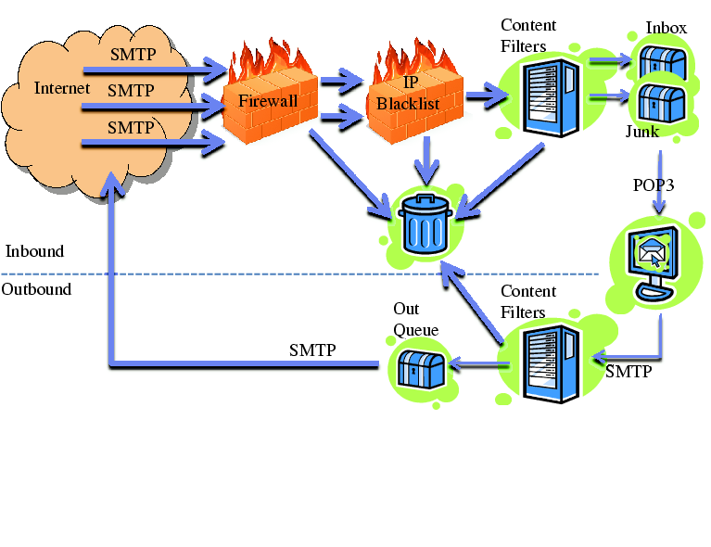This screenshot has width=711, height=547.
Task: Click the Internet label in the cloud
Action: (x=62, y=89)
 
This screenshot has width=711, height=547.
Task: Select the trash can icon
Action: (x=426, y=225)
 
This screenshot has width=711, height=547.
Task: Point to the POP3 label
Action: (x=653, y=184)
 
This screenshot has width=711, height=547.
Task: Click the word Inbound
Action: (x=34, y=252)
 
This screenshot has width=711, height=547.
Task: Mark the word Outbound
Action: (x=37, y=289)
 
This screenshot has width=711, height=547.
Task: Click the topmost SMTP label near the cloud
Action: (x=133, y=56)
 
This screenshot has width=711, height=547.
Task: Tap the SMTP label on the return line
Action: (x=312, y=350)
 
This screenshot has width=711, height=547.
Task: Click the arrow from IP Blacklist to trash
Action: (x=426, y=158)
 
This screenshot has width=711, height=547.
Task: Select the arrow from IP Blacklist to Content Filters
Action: (x=482, y=95)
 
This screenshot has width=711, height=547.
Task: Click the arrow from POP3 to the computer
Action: (x=659, y=205)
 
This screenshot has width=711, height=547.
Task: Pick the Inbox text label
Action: (x=667, y=29)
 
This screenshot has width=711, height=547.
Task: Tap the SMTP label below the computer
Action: (x=628, y=373)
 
